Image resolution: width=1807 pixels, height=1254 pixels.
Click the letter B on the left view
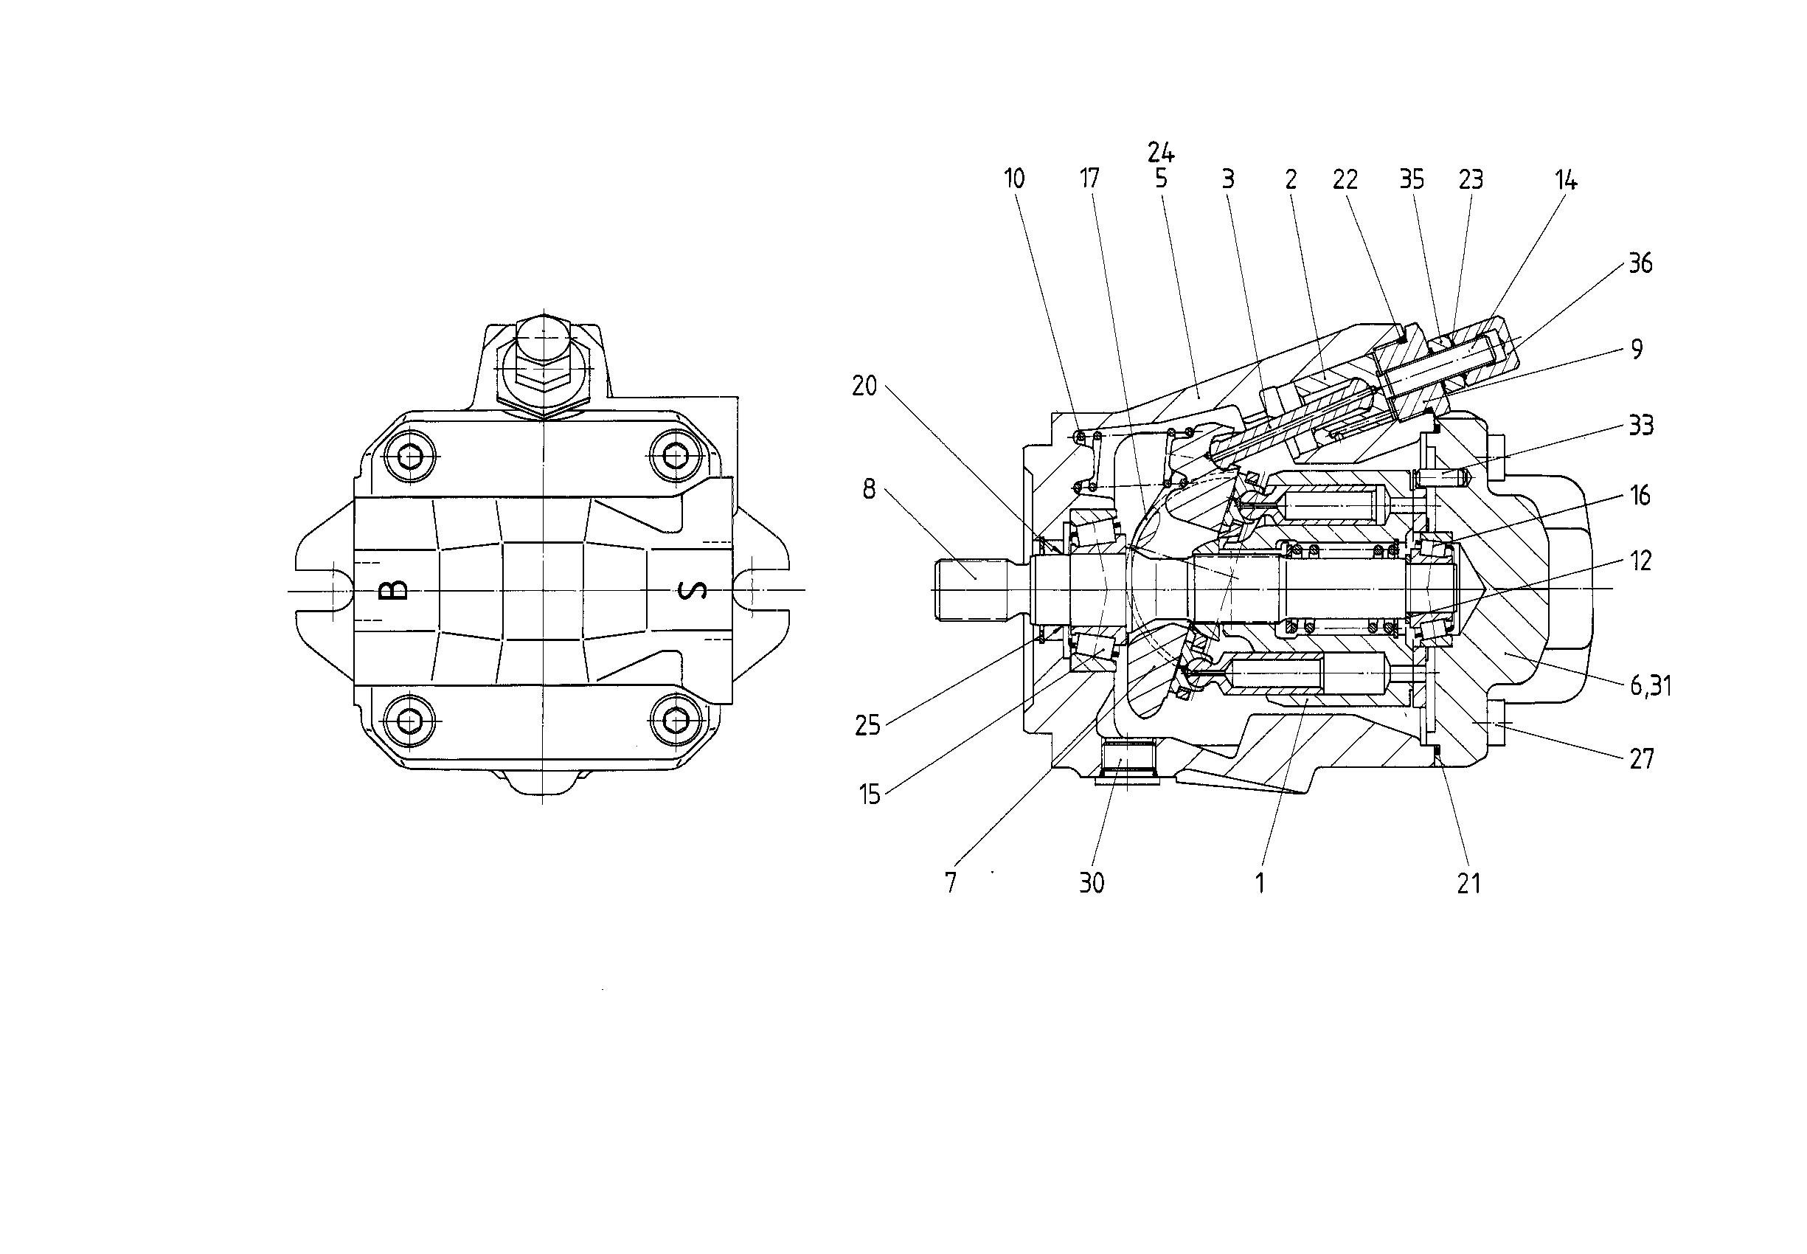398,589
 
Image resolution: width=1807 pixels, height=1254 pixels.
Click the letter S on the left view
692,590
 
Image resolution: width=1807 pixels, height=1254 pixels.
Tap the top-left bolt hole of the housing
410,456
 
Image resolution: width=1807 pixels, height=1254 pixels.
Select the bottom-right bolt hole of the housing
675,720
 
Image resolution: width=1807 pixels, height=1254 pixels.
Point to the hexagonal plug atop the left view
543,364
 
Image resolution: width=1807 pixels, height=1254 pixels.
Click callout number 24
1160,152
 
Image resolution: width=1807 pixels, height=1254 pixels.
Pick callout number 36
1640,263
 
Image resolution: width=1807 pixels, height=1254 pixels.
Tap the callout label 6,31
1651,686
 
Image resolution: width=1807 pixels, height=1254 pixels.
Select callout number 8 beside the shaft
869,490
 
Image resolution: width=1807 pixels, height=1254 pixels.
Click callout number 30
1092,883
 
